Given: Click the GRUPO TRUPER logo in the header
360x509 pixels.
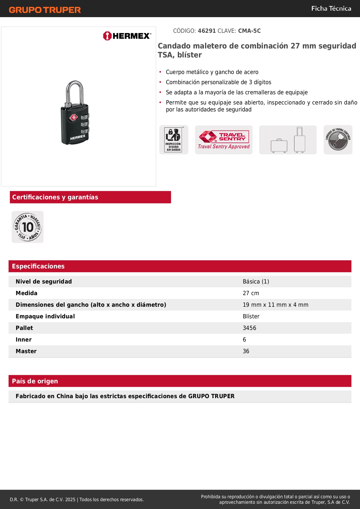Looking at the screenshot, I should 45,10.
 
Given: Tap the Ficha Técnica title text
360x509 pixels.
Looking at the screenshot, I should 331,9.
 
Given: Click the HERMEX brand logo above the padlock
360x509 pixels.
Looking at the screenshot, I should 127,36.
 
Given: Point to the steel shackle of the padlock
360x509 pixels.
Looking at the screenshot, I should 75,90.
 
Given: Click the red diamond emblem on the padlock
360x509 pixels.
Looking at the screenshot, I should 73,118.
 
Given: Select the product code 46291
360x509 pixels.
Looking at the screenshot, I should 207,31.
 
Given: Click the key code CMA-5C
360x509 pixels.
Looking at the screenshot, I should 249,31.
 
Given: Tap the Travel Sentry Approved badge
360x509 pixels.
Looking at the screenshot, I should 224,140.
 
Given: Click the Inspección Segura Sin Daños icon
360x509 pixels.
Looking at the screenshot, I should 173,140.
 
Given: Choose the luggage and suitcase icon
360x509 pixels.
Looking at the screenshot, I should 288,140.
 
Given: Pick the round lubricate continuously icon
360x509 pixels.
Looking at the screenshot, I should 338,140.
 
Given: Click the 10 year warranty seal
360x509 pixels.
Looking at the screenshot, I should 28,227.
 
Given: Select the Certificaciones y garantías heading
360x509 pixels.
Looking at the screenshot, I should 55,197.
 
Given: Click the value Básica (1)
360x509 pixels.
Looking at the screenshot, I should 256,281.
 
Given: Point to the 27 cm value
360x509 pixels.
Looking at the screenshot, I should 251,293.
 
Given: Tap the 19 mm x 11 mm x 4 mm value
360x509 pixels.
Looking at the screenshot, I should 276,305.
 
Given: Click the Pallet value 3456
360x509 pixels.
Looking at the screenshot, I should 249,328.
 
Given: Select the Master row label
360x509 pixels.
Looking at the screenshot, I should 26,351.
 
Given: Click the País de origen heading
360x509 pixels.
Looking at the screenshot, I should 35,381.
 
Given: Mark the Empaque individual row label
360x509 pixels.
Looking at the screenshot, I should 45,316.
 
